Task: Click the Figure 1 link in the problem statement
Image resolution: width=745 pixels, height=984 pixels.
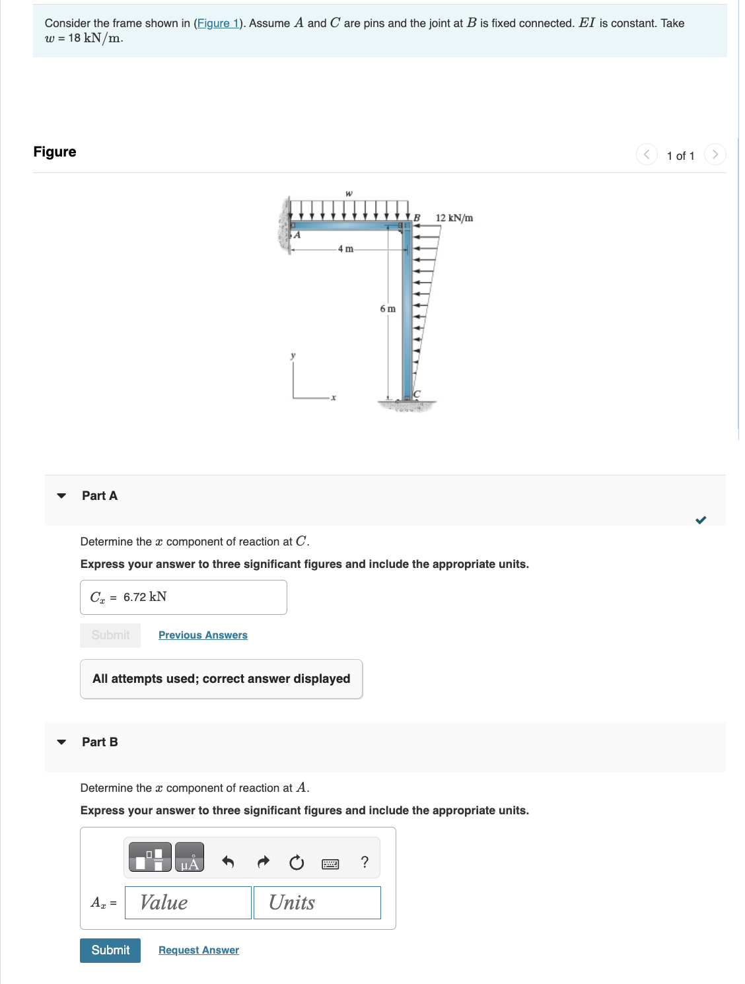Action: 218,23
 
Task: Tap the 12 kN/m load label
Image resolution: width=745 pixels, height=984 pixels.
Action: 454,218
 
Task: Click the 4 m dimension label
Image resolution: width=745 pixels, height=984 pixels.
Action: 345,249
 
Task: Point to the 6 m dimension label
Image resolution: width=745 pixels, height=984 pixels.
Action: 388,308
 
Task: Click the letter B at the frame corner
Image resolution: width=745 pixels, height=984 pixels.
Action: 417,217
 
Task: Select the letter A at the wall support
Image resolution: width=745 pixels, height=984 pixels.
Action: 297,234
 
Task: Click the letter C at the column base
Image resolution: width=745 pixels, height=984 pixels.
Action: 417,394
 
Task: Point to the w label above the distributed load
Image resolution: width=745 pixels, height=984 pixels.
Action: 349,193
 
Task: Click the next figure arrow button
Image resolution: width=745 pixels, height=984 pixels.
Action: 715,155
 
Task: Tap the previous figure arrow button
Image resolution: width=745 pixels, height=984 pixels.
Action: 647,155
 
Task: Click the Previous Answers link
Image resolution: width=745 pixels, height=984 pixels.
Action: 203,635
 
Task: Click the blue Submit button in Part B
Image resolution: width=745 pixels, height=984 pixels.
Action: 110,950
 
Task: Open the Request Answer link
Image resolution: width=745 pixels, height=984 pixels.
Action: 199,950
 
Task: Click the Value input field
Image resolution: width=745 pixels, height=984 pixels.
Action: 188,903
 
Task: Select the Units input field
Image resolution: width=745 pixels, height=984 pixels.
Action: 317,903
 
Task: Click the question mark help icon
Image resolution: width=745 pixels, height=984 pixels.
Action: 365,862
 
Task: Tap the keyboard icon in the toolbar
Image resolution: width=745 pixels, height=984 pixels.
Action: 330,863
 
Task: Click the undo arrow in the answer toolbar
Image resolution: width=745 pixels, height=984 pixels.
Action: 228,862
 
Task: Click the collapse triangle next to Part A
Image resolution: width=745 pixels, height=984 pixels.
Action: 61,496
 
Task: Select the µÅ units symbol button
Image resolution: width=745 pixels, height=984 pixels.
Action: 190,857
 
